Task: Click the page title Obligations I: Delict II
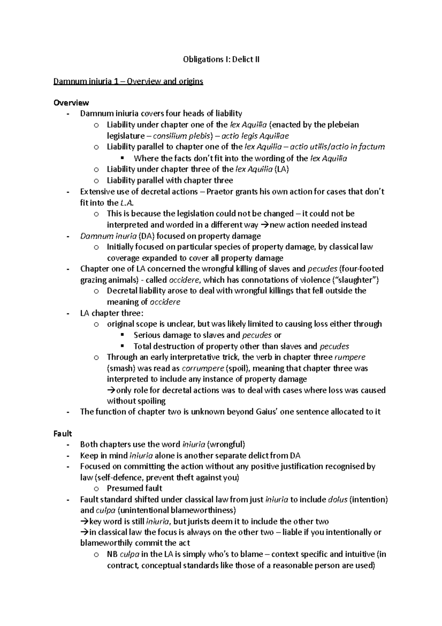tap(221, 59)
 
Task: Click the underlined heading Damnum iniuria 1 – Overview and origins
tap(128, 81)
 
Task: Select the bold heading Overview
tap(71, 102)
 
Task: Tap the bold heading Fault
tap(63, 434)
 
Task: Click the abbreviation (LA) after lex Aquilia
tap(282, 169)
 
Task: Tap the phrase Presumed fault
tap(134, 488)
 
